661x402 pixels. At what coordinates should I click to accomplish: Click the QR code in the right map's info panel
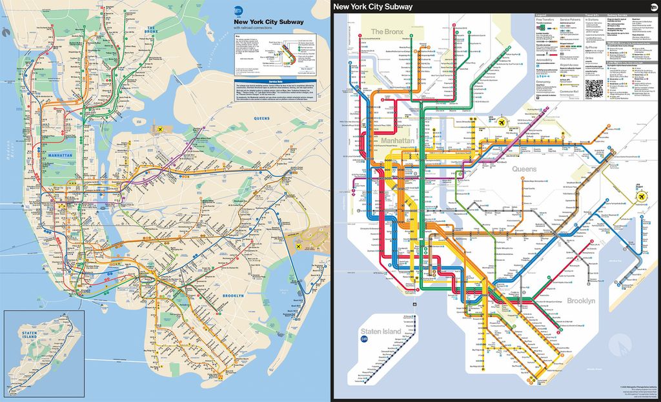tap(594, 88)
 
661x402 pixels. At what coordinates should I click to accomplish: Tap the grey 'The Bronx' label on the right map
tap(386, 31)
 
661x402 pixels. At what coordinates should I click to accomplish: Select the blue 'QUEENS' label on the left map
tap(261, 119)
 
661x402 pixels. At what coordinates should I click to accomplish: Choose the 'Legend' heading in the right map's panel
tap(541, 15)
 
